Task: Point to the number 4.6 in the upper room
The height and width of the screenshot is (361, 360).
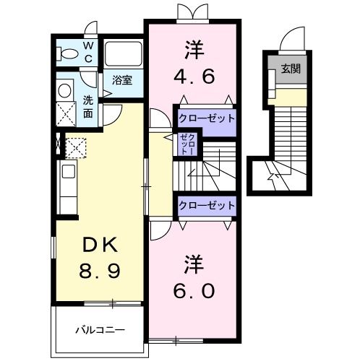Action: tap(194, 74)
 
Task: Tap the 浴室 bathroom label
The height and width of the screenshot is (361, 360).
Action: tap(122, 81)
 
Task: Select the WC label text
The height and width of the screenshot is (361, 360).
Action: tap(87, 51)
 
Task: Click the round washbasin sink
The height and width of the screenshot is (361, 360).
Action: tap(65, 90)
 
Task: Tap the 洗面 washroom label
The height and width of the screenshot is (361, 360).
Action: tap(87, 107)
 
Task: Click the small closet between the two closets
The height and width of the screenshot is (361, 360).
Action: tap(187, 144)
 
